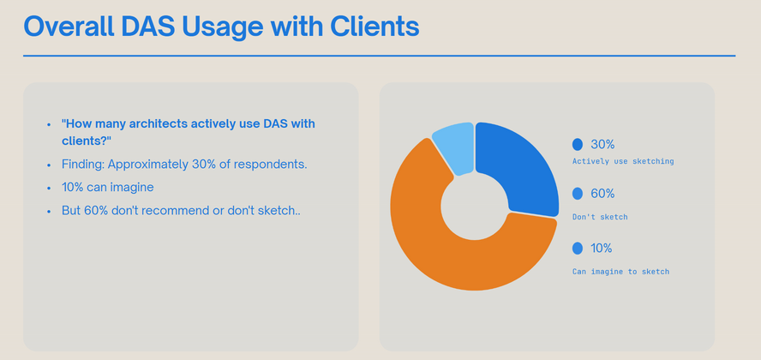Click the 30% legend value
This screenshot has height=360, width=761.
click(602, 144)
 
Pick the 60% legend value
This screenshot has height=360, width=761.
click(602, 194)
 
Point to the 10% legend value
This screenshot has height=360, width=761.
click(601, 249)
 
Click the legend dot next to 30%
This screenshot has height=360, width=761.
click(578, 144)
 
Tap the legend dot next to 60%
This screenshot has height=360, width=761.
click(578, 194)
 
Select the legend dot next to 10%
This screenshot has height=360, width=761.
click(578, 249)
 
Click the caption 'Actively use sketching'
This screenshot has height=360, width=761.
click(623, 161)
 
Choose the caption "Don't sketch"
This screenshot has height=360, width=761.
click(600, 217)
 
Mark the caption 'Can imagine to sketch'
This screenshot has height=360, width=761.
click(620, 272)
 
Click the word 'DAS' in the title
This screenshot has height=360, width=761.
click(148, 27)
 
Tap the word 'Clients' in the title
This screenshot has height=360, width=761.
click(375, 27)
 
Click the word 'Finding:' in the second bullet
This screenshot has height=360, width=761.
click(83, 165)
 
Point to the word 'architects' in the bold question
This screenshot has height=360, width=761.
click(159, 123)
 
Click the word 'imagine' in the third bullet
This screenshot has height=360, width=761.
click(134, 187)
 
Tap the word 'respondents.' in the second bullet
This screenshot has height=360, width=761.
click(271, 165)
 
